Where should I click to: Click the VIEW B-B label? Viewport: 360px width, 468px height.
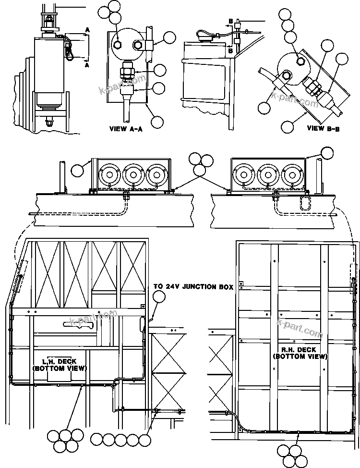coord(323,128)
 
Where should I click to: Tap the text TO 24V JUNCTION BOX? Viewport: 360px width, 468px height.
coord(193,287)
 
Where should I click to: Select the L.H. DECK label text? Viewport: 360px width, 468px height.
coord(59,365)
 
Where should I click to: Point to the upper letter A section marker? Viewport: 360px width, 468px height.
coord(87,30)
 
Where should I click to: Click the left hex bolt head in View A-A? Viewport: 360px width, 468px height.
coord(118,45)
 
